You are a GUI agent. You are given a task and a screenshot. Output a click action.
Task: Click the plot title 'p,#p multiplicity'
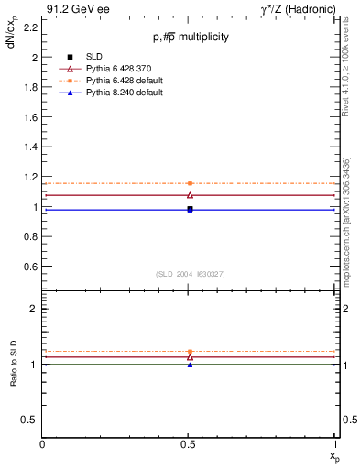(x=191, y=37)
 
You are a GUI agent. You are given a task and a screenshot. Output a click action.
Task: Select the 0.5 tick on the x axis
(x=190, y=444)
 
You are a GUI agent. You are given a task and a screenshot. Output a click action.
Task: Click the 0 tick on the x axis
(x=43, y=444)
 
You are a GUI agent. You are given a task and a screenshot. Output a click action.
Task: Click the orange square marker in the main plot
(x=190, y=183)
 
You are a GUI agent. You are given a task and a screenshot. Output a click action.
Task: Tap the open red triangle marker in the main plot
(x=190, y=195)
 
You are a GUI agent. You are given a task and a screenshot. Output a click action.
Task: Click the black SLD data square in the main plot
(x=190, y=209)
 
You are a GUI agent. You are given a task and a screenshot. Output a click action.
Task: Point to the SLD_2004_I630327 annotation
(x=190, y=274)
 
